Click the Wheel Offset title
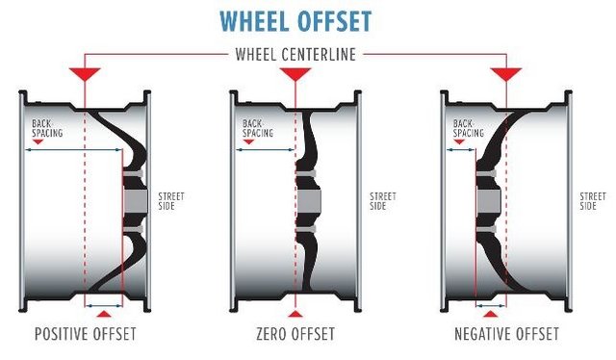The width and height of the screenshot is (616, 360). point(295,21)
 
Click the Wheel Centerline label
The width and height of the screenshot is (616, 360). point(295,55)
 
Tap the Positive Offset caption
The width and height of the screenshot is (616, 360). point(86,334)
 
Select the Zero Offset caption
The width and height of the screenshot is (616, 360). point(295,334)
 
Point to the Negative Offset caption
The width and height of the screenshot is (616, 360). point(506,334)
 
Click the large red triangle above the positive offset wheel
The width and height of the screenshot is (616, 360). point(85,73)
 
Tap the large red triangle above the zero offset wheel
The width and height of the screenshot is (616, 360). point(295,73)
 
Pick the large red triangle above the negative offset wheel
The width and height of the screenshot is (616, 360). point(506,73)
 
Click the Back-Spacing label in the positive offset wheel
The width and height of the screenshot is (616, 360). point(47,129)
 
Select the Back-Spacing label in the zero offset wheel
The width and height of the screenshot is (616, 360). point(258,129)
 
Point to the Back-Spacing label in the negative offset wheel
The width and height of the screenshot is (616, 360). point(469,129)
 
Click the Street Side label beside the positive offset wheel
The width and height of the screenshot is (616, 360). point(171,201)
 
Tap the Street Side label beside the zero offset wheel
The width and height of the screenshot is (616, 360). point(383,201)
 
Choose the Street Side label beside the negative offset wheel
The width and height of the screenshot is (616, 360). point(593,201)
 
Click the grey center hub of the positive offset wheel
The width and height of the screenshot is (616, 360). point(136,201)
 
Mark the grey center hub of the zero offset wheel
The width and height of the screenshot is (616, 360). point(309,201)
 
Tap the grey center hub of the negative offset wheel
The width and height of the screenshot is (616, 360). point(489,201)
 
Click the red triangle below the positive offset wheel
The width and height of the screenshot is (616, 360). point(104,314)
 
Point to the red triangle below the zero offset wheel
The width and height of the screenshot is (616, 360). point(295,314)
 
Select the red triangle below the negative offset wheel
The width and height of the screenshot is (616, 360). point(490,314)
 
